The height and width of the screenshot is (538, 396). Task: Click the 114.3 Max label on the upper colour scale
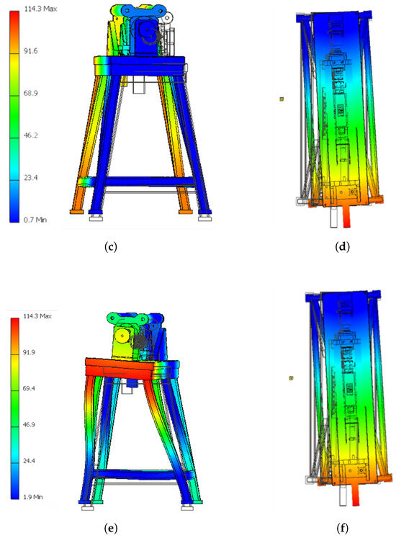[40, 9]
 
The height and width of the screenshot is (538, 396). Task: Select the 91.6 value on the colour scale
[30, 51]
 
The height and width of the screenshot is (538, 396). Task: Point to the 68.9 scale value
[30, 94]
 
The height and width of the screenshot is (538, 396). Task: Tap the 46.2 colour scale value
[30, 135]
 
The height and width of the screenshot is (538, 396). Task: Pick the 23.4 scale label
[30, 178]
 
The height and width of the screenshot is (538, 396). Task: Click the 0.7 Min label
[35, 220]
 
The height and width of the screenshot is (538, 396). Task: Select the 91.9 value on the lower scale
[29, 352]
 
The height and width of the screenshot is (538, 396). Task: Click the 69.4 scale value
[29, 388]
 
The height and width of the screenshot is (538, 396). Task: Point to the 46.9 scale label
[29, 425]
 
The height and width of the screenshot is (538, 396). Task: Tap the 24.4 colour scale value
[29, 461]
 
